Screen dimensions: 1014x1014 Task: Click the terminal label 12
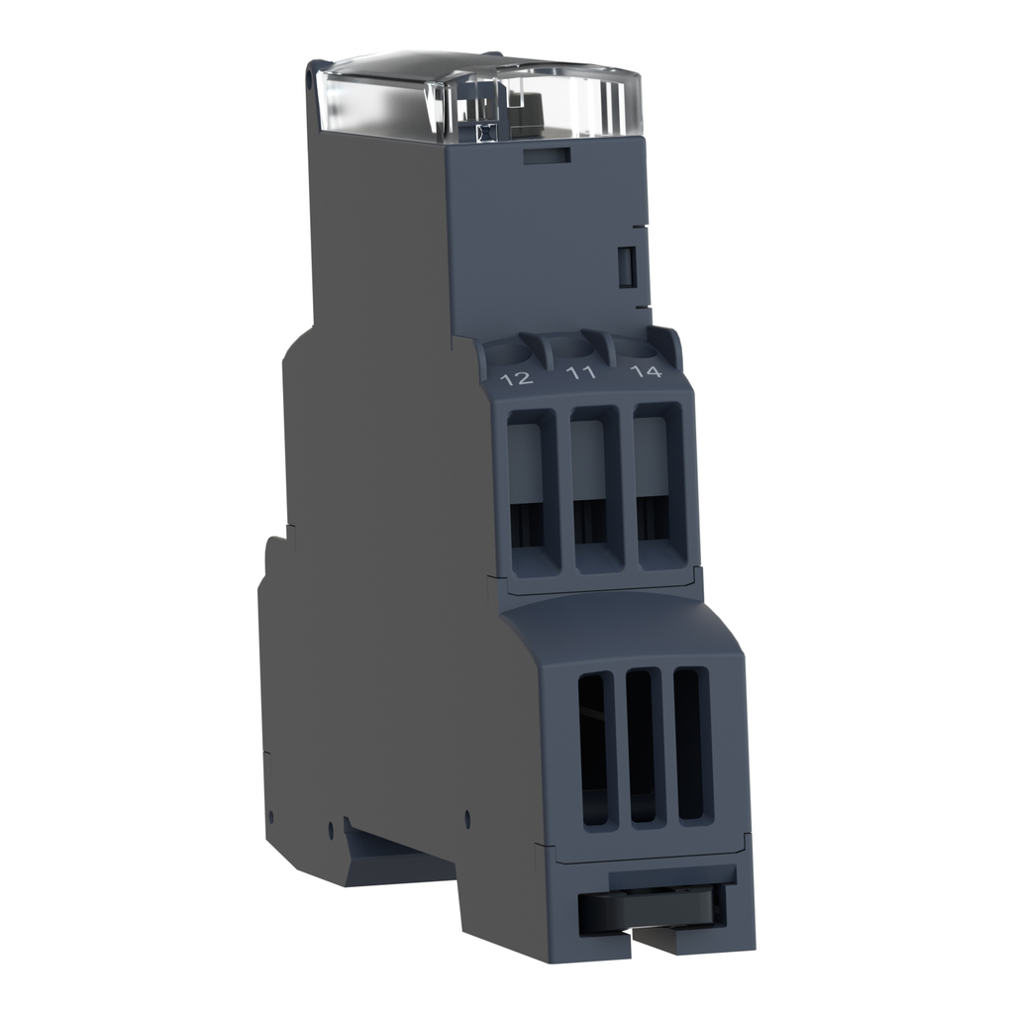pos(518,378)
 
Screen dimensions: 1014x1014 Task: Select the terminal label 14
pos(646,372)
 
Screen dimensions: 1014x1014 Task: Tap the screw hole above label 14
pos(639,346)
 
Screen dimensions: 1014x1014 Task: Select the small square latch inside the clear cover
pos(484,130)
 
